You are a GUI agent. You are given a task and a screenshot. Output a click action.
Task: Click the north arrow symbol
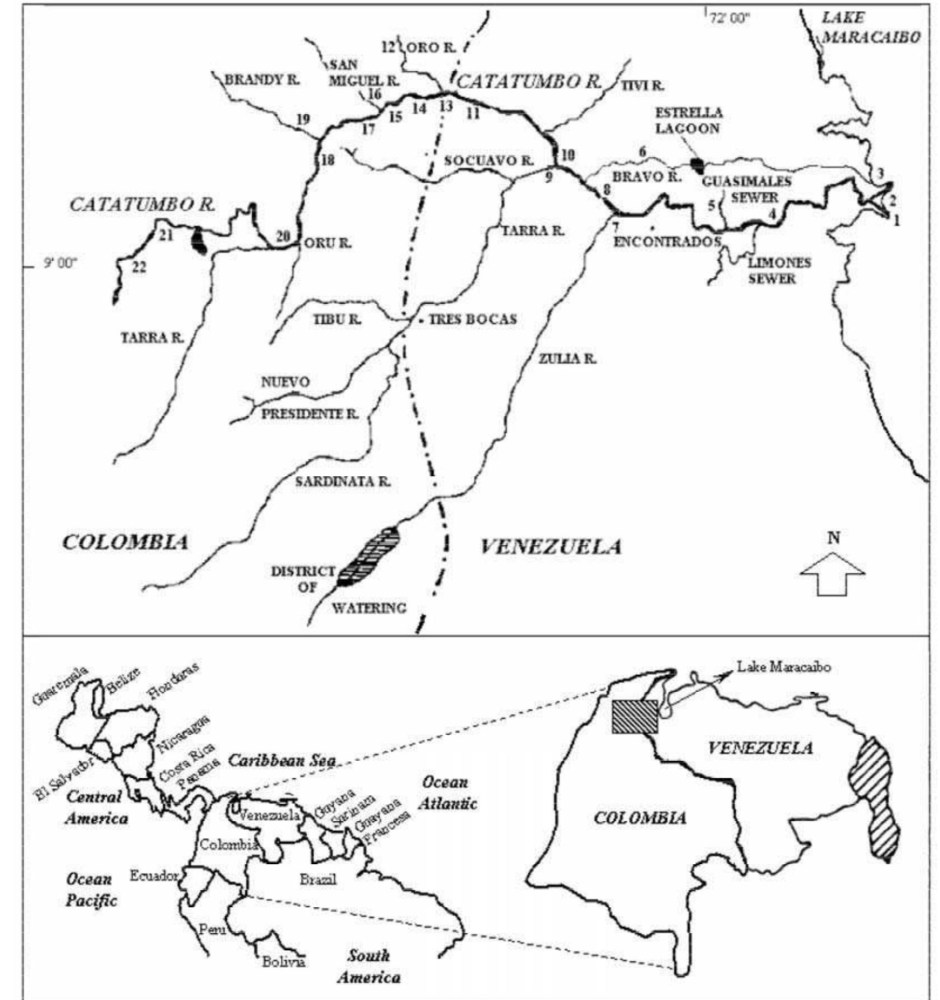click(x=833, y=575)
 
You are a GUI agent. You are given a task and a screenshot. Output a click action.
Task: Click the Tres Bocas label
click(x=472, y=319)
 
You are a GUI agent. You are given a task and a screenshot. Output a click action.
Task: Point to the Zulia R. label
click(x=567, y=359)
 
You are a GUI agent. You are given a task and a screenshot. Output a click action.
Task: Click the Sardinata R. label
click(x=342, y=481)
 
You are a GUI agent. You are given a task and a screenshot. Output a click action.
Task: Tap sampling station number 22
click(x=139, y=267)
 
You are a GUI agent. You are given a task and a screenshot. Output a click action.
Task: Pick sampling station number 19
click(x=303, y=119)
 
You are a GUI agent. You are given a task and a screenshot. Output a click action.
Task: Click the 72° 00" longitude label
click(x=730, y=18)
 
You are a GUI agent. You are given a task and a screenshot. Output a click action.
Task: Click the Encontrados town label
click(x=667, y=241)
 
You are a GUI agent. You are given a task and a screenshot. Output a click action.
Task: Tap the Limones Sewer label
click(x=779, y=270)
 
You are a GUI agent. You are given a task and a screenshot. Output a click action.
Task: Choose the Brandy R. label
click(x=262, y=80)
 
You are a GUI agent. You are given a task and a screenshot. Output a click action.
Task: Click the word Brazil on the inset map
click(x=318, y=880)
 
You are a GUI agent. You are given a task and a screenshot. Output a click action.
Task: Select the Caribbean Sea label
click(x=282, y=761)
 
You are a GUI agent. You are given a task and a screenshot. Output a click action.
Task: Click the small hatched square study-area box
click(x=634, y=717)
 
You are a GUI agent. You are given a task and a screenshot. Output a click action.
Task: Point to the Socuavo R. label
click(x=488, y=161)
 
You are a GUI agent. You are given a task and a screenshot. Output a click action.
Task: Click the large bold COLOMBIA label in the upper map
click(x=126, y=542)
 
